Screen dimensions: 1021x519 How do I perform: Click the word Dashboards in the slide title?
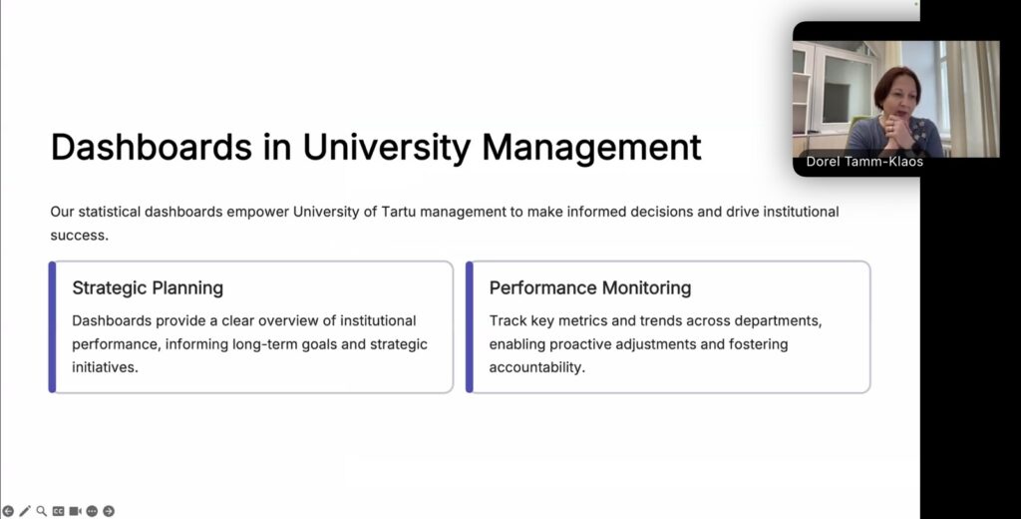click(152, 147)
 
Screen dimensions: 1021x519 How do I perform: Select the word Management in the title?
click(591, 148)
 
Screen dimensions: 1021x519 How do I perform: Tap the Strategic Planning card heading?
click(148, 288)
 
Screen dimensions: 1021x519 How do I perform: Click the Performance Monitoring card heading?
click(590, 288)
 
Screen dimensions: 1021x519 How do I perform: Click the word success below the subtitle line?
click(80, 236)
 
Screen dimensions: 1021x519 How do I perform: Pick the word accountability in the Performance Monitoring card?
click(537, 367)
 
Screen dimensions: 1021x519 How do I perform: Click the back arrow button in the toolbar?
click(8, 511)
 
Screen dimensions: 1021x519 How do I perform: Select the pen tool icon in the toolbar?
click(25, 511)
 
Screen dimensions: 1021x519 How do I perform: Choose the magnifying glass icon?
click(42, 511)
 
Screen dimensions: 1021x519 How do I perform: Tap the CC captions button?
click(59, 511)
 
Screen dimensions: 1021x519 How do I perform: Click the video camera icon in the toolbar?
click(76, 511)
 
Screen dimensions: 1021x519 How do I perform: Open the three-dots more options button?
click(92, 511)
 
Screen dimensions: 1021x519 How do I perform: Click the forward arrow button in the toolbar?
click(109, 511)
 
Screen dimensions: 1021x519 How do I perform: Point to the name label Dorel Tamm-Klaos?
click(864, 162)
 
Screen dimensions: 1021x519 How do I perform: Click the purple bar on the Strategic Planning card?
click(52, 327)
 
